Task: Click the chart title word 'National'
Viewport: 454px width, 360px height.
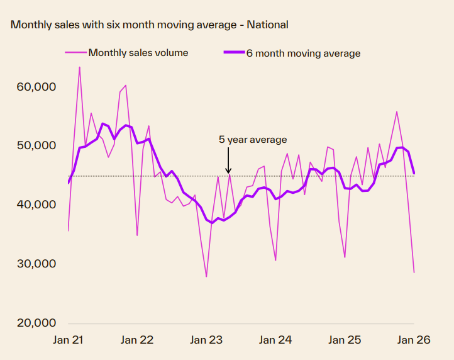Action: pyautogui.click(x=267, y=25)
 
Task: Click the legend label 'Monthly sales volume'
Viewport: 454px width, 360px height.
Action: pyautogui.click(x=138, y=53)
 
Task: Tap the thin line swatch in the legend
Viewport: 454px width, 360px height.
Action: pyautogui.click(x=75, y=53)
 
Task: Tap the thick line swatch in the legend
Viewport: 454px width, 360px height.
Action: pyautogui.click(x=234, y=53)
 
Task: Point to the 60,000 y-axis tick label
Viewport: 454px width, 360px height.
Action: pyautogui.click(x=35, y=86)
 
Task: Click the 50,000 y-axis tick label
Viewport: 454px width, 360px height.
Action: pyautogui.click(x=35, y=145)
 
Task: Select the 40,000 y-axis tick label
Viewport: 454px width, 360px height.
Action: pyautogui.click(x=35, y=205)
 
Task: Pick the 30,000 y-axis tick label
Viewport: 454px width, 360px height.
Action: pyautogui.click(x=35, y=264)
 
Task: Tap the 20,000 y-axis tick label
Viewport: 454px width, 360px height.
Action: pyautogui.click(x=35, y=323)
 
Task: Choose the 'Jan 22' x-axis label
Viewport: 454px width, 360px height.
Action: pyautogui.click(x=137, y=340)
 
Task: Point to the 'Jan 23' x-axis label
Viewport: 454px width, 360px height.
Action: pyautogui.click(x=206, y=340)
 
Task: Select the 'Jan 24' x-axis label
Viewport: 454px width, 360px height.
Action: pyautogui.click(x=275, y=340)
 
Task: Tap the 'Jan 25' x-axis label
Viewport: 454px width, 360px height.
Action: pyautogui.click(x=345, y=340)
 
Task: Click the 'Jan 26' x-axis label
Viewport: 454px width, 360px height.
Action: pyautogui.click(x=414, y=340)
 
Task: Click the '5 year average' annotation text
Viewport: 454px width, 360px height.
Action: pyautogui.click(x=253, y=140)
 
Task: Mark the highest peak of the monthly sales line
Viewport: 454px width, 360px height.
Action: pyautogui.click(x=79, y=67)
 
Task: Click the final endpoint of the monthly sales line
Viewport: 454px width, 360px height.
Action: pyautogui.click(x=414, y=273)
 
